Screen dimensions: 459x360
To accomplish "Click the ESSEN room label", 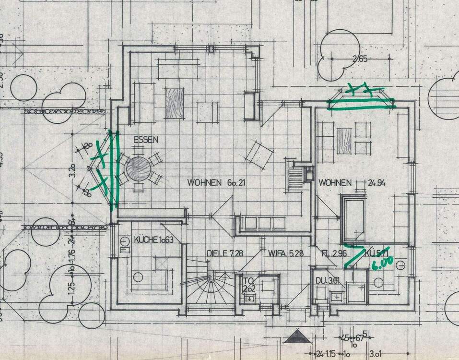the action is (x=146, y=140).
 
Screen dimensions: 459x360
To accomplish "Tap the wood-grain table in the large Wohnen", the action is (x=175, y=103).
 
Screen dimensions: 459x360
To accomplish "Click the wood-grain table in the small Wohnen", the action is (x=344, y=141).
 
